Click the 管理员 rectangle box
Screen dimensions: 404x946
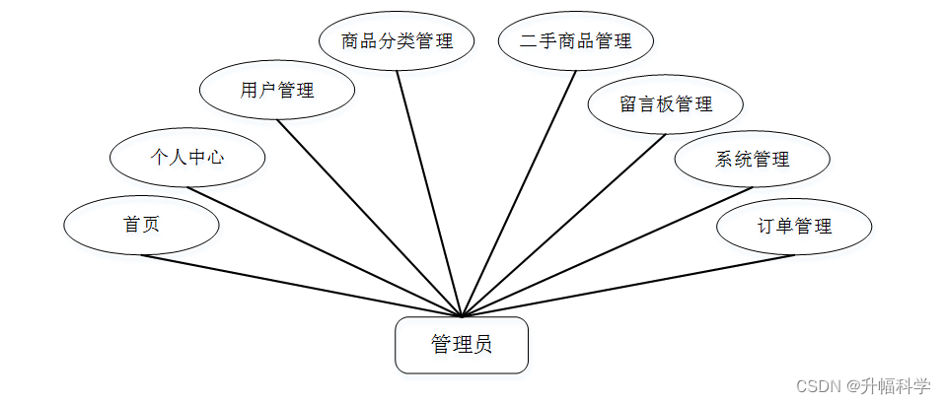[x=462, y=345]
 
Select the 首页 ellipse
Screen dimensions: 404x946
[x=141, y=225]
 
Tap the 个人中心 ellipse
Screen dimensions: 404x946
[x=186, y=157]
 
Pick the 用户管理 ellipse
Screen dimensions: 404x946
[x=277, y=91]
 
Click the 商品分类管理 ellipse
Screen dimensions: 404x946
[x=398, y=41]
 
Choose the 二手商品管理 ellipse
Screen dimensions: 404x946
[x=576, y=41]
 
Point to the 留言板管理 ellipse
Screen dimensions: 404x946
[x=666, y=103]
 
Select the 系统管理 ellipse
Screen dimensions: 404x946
[x=753, y=159]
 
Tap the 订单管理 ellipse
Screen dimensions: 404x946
[x=794, y=227]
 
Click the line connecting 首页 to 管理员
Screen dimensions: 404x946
[x=301, y=286]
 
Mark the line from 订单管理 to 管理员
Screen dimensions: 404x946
[x=627, y=286]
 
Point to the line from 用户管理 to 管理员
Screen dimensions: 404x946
[x=370, y=219]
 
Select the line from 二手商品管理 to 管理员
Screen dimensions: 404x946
[x=519, y=194]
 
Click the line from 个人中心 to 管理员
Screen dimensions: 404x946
[x=324, y=252]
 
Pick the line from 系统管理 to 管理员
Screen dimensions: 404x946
[x=607, y=252]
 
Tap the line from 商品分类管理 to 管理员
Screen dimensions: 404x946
[x=429, y=194]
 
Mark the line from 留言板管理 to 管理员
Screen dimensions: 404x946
[x=563, y=226]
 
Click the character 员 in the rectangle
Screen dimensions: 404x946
[x=483, y=345]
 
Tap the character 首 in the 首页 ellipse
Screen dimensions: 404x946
[x=130, y=225]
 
